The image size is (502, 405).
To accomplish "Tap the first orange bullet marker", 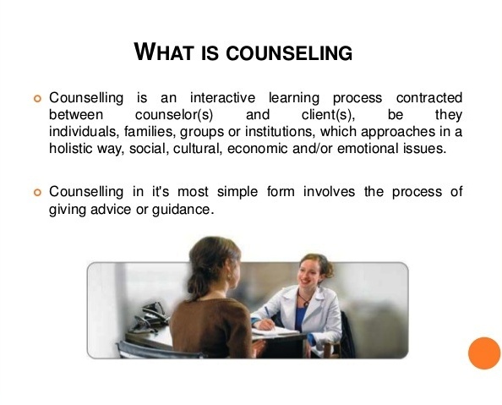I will (35, 99).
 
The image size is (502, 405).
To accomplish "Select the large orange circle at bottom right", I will (484, 353).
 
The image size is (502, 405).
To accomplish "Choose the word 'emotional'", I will (374, 148).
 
